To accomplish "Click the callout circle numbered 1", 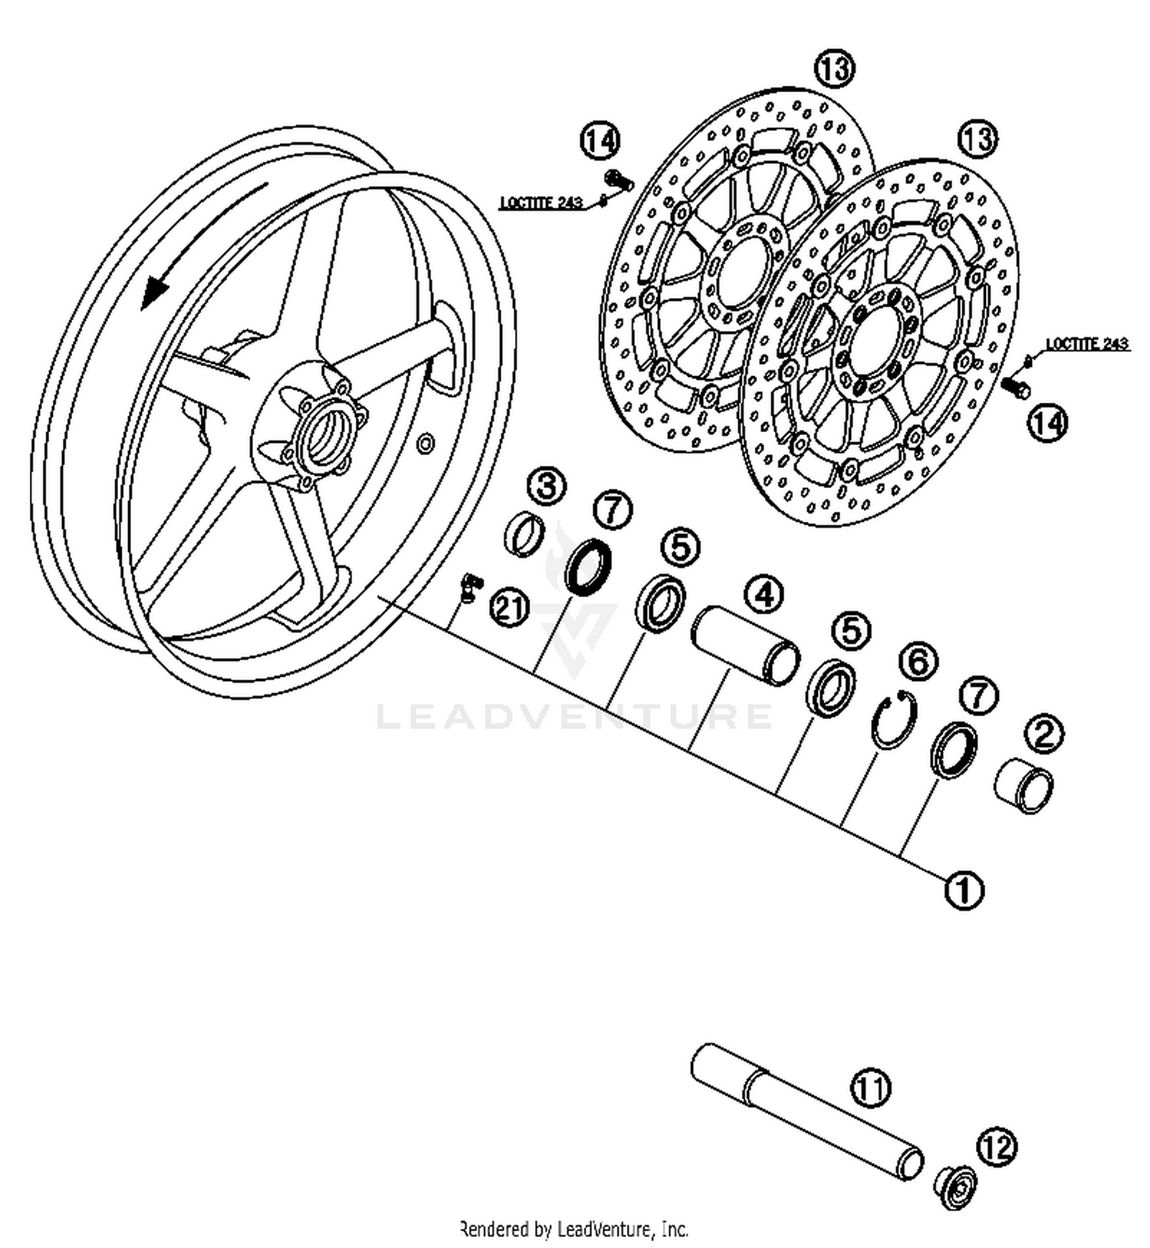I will [x=964, y=889].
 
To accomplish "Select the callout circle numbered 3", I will [x=547, y=488].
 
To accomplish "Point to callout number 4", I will [x=764, y=595].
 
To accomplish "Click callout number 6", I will [x=918, y=662].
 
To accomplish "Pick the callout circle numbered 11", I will [x=872, y=1087].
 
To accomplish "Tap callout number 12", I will [x=996, y=1147].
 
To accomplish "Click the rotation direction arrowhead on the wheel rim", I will [x=156, y=291].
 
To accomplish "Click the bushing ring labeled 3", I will [x=525, y=533].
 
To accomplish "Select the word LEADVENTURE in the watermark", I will [x=574, y=717].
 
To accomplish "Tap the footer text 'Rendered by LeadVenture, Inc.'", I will [x=574, y=1229].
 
